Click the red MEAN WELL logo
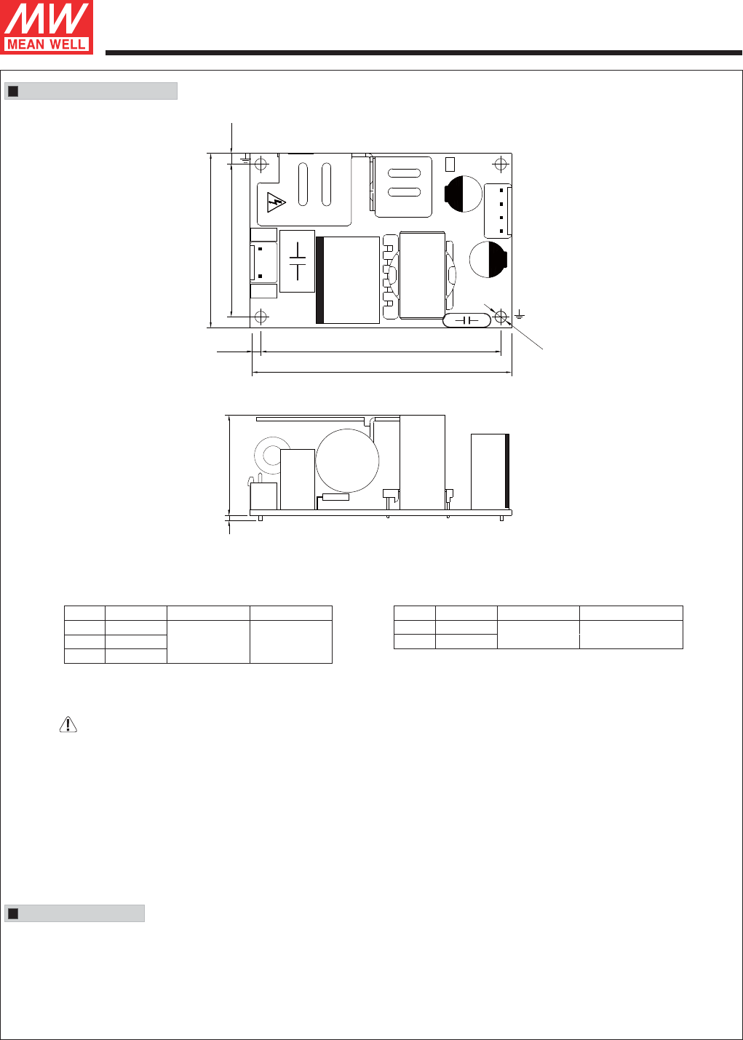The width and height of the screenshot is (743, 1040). pos(47,27)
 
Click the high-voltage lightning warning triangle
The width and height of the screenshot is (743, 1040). pos(275,202)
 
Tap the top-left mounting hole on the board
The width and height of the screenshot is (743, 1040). pos(261,164)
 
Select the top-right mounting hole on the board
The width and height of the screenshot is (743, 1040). pos(501,164)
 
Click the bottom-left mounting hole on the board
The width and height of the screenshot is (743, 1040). pos(261,317)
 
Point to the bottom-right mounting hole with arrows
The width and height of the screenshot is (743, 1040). pos(501,317)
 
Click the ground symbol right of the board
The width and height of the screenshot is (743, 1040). pos(520,315)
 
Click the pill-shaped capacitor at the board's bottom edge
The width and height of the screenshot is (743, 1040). pos(466,320)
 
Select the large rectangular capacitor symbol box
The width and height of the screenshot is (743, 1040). pos(297,261)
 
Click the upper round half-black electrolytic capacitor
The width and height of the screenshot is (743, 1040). pos(463,194)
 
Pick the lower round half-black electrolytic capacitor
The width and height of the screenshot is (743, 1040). pos(488,260)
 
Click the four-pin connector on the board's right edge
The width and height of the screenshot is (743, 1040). pos(498,211)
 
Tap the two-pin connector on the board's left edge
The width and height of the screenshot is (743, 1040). pos(263,263)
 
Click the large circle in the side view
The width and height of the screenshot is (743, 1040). pos(347,461)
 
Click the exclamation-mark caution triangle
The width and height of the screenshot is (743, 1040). pos(68,724)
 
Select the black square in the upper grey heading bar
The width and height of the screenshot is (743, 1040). pos(14,91)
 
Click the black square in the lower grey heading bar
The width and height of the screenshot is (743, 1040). pos(14,913)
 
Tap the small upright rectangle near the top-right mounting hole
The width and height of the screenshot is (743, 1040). pos(450,164)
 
